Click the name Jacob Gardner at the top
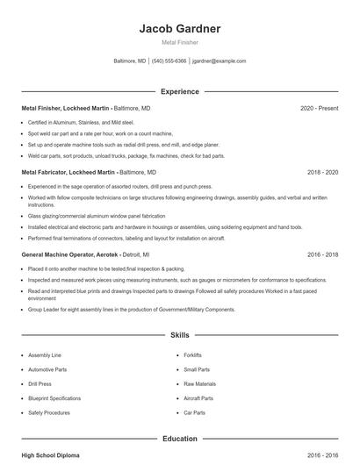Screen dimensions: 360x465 [179, 28]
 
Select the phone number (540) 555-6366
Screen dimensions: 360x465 [169, 61]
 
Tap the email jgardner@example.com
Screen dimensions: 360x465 [219, 61]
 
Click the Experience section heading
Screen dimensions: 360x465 [179, 91]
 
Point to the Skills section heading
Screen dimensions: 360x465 [179, 335]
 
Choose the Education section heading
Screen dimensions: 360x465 [179, 438]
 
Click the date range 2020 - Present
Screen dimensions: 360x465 [319, 108]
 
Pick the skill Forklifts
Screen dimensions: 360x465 [192, 355]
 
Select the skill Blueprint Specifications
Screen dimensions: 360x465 [54, 398]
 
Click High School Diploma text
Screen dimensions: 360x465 [51, 456]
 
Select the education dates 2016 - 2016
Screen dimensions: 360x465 [322, 456]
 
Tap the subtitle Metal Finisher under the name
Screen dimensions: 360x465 [179, 42]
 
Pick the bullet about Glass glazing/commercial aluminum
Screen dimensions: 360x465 [96, 215]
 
